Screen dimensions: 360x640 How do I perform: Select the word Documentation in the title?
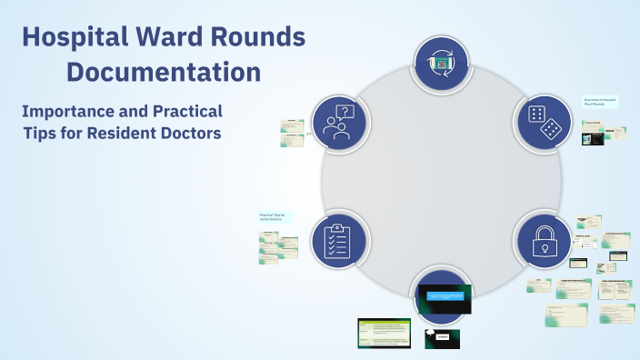(x=165, y=71)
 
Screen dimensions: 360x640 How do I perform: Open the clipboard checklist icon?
(x=338, y=240)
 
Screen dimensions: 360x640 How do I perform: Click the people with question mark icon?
(x=338, y=122)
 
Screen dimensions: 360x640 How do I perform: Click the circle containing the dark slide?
(x=442, y=296)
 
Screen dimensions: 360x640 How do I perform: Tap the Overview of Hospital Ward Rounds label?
(x=601, y=103)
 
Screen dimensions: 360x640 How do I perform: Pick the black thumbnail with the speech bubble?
(x=442, y=338)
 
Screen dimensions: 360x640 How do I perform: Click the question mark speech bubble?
(x=344, y=114)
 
